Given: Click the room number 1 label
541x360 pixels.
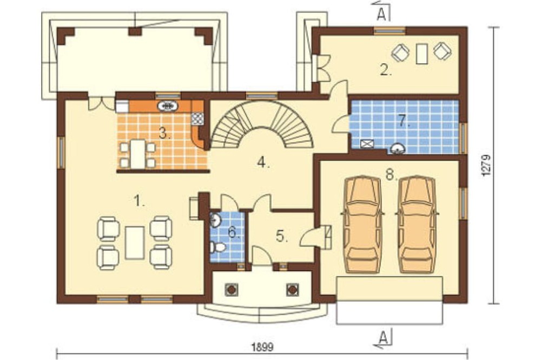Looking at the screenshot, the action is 139,201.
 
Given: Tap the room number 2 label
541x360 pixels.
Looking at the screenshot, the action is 386,70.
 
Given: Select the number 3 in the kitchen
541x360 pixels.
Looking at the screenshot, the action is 165,133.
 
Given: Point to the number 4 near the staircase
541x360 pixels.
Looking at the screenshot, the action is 263,162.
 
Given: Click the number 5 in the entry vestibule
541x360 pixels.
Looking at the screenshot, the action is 282,236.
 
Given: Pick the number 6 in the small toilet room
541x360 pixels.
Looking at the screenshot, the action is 234,233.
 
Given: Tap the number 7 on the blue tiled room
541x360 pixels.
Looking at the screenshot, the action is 404,121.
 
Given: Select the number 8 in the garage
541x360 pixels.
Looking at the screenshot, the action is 392,175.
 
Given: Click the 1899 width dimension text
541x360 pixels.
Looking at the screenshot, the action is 263,346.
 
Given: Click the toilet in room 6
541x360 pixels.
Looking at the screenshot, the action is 217,247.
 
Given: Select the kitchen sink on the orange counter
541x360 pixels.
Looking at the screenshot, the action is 168,106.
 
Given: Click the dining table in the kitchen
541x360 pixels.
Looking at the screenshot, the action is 137,154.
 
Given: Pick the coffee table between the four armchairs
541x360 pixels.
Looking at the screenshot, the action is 135,243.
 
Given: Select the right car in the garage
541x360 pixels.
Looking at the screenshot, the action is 417,224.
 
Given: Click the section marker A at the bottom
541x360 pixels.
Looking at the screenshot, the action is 382,338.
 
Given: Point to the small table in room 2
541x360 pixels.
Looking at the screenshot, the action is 421,54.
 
